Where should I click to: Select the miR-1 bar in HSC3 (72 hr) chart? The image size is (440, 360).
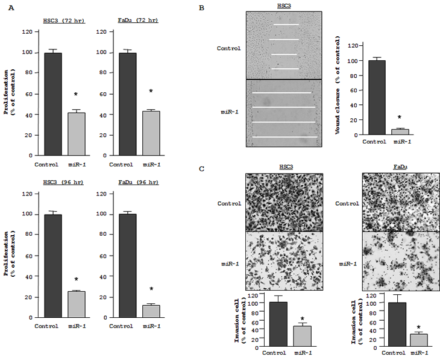76,134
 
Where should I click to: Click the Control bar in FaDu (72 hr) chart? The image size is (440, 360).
127,104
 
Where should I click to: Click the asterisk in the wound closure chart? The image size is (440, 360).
400,118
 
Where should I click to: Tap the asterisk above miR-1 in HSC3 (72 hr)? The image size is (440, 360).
76,95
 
